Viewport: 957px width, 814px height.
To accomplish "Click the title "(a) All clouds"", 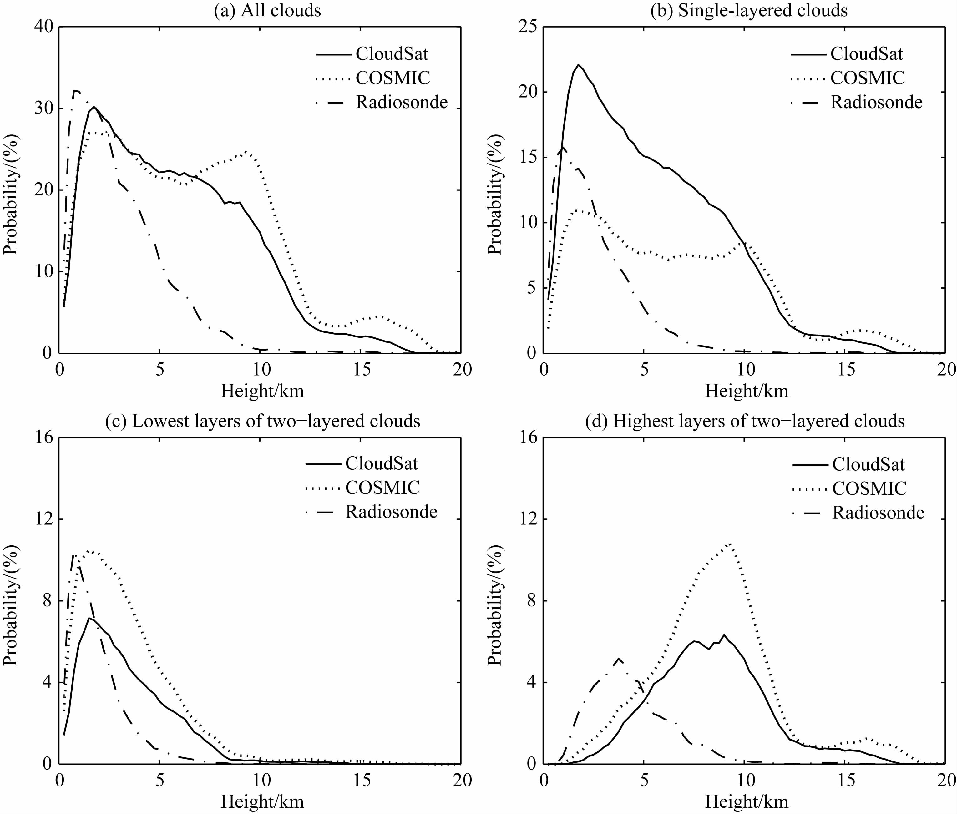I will [x=267, y=10].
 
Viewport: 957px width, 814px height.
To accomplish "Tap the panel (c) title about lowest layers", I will [x=263, y=421].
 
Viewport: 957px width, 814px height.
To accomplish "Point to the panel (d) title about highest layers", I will [x=745, y=421].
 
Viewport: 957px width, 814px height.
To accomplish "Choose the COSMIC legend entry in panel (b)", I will [x=868, y=78].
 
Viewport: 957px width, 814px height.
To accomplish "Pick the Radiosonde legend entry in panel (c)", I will [x=391, y=511].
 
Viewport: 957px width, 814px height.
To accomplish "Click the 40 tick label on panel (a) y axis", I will [x=43, y=27].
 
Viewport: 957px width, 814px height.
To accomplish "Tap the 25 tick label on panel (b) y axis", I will [x=527, y=27].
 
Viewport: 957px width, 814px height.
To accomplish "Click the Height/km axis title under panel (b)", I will [x=746, y=391].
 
